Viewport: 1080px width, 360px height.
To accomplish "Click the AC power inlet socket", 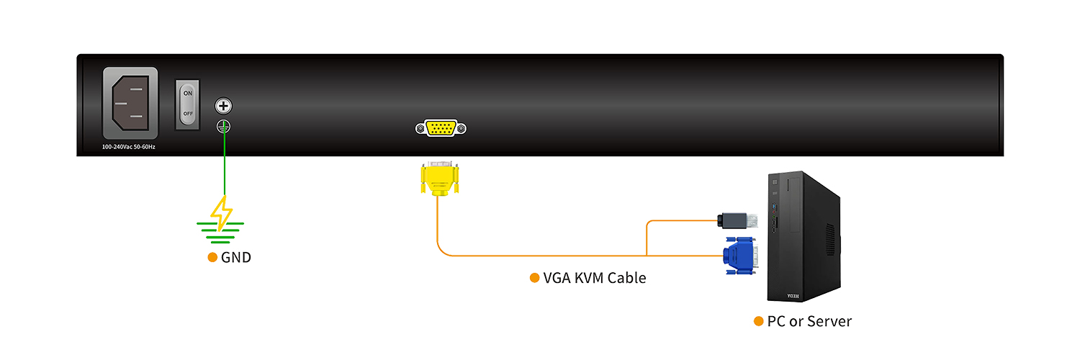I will (x=130, y=103).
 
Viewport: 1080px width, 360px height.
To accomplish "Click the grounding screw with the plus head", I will (x=223, y=107).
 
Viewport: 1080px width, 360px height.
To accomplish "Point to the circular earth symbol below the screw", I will (x=223, y=127).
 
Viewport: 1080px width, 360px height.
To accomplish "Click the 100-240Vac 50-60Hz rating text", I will (x=129, y=147).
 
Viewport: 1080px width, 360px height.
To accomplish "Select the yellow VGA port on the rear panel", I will (x=441, y=129).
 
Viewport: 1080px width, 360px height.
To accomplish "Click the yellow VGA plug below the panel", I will (x=438, y=179).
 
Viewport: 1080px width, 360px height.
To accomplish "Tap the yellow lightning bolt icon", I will (x=221, y=212).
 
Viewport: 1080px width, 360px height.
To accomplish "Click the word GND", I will (x=236, y=257).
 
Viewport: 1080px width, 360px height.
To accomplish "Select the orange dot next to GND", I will (x=212, y=257).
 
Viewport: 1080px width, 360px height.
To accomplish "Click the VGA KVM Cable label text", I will (x=595, y=278).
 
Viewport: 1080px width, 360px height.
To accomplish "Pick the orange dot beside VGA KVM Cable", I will (x=534, y=278).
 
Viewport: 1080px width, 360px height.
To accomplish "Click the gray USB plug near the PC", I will (x=737, y=220).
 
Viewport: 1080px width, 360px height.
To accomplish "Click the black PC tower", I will (x=803, y=238).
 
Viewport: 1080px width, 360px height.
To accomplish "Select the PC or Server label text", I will (x=809, y=321).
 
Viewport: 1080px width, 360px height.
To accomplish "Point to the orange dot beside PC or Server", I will (x=758, y=321).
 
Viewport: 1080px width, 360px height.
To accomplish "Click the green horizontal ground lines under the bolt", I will (x=221, y=229).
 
